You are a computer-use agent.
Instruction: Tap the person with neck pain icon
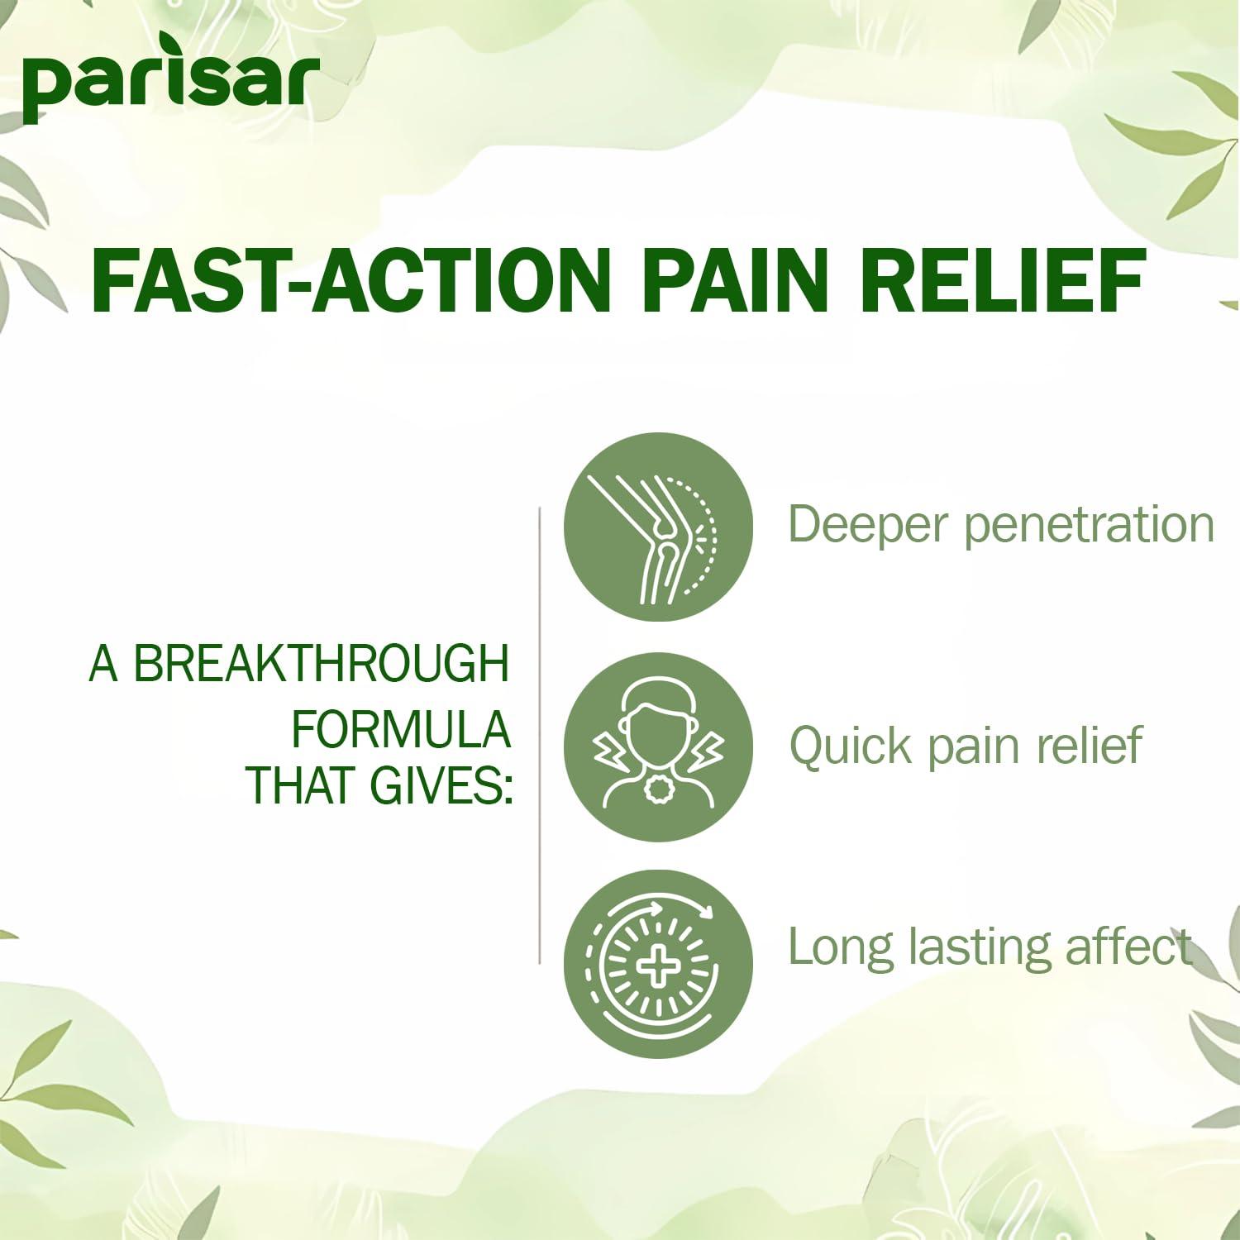pos(658,746)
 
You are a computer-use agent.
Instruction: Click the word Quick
pos(851,746)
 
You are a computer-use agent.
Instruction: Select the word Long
pos(840,948)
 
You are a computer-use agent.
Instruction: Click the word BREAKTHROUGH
pos(321,665)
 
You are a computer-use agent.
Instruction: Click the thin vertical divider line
pos(539,736)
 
